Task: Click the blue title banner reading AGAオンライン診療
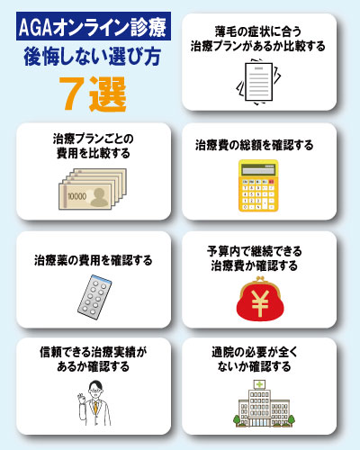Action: (x=94, y=26)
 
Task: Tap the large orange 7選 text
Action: (x=93, y=94)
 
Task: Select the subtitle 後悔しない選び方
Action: (x=93, y=57)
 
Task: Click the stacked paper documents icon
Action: (x=259, y=82)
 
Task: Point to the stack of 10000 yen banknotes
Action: (x=93, y=189)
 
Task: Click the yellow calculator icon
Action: (x=258, y=185)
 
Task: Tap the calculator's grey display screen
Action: (x=258, y=171)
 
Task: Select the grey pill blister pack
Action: (x=94, y=297)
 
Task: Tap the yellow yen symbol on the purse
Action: (x=260, y=303)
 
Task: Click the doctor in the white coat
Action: (x=94, y=403)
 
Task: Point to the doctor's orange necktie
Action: (x=95, y=408)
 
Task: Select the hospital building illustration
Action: (x=264, y=403)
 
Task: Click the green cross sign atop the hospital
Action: (x=259, y=384)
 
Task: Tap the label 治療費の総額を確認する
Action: (x=255, y=145)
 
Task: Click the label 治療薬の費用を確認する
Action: (x=94, y=260)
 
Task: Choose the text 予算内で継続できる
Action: (x=255, y=251)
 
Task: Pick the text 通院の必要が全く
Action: (x=255, y=352)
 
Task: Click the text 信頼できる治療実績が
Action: (x=94, y=352)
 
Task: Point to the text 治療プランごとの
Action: (x=94, y=139)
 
